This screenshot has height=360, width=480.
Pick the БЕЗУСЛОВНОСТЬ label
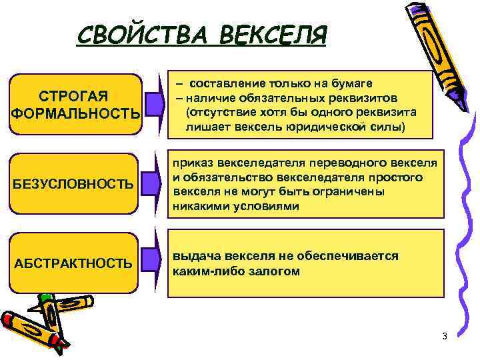click(x=73, y=183)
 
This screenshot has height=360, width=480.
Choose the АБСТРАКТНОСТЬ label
click(x=73, y=263)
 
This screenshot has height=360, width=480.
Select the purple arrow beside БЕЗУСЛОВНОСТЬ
click(x=153, y=182)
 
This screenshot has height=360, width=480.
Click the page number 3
click(x=444, y=335)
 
